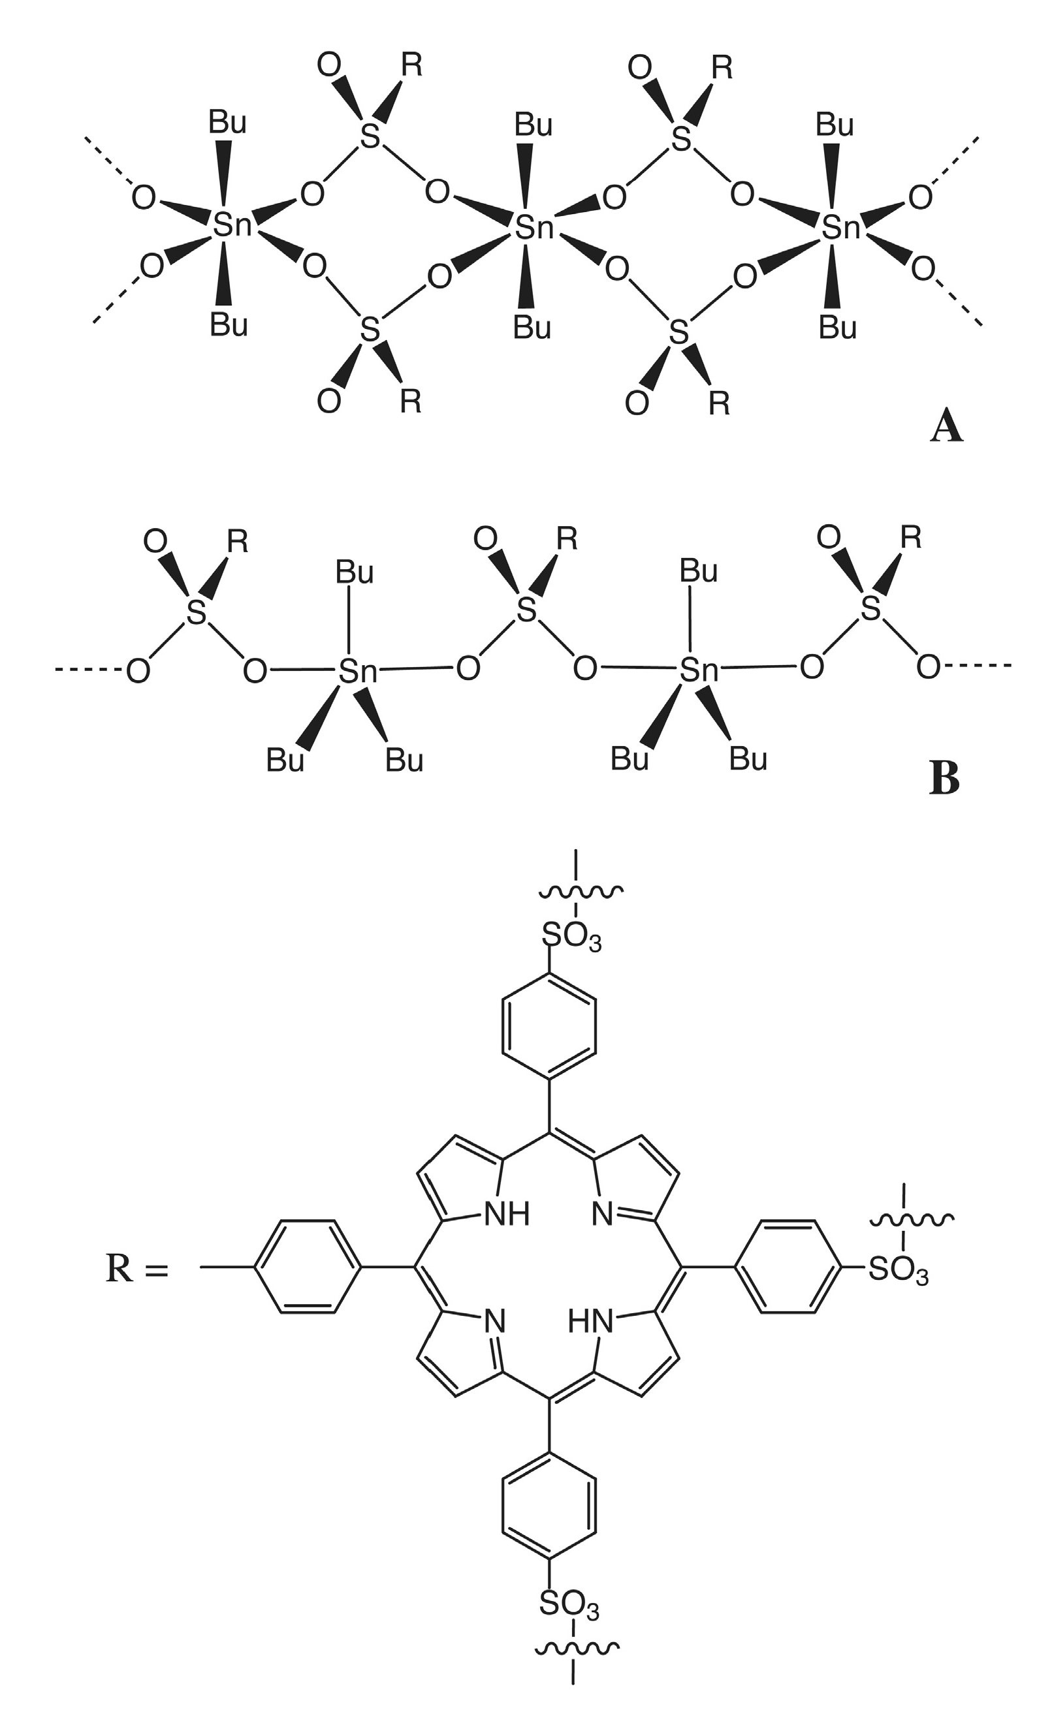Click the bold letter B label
tap(944, 779)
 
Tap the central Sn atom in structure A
tap(534, 227)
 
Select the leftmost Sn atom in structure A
tap(232, 225)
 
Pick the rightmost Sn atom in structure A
tap(840, 227)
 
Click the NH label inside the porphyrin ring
tap(507, 1215)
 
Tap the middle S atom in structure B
tap(528, 610)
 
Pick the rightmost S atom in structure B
tap(870, 609)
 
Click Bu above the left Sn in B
tap(355, 573)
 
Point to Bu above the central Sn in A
tap(534, 125)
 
